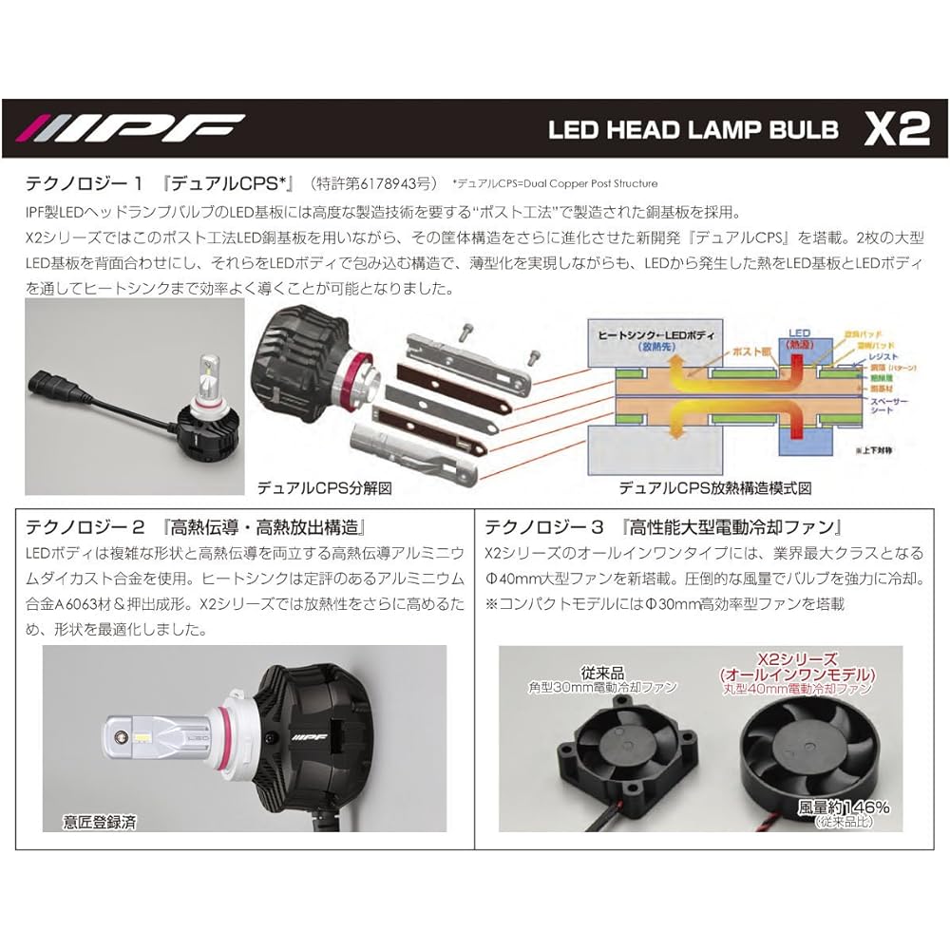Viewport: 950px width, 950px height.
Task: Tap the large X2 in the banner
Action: [x=896, y=129]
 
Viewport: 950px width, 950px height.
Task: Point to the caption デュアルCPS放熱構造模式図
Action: [x=715, y=487]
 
